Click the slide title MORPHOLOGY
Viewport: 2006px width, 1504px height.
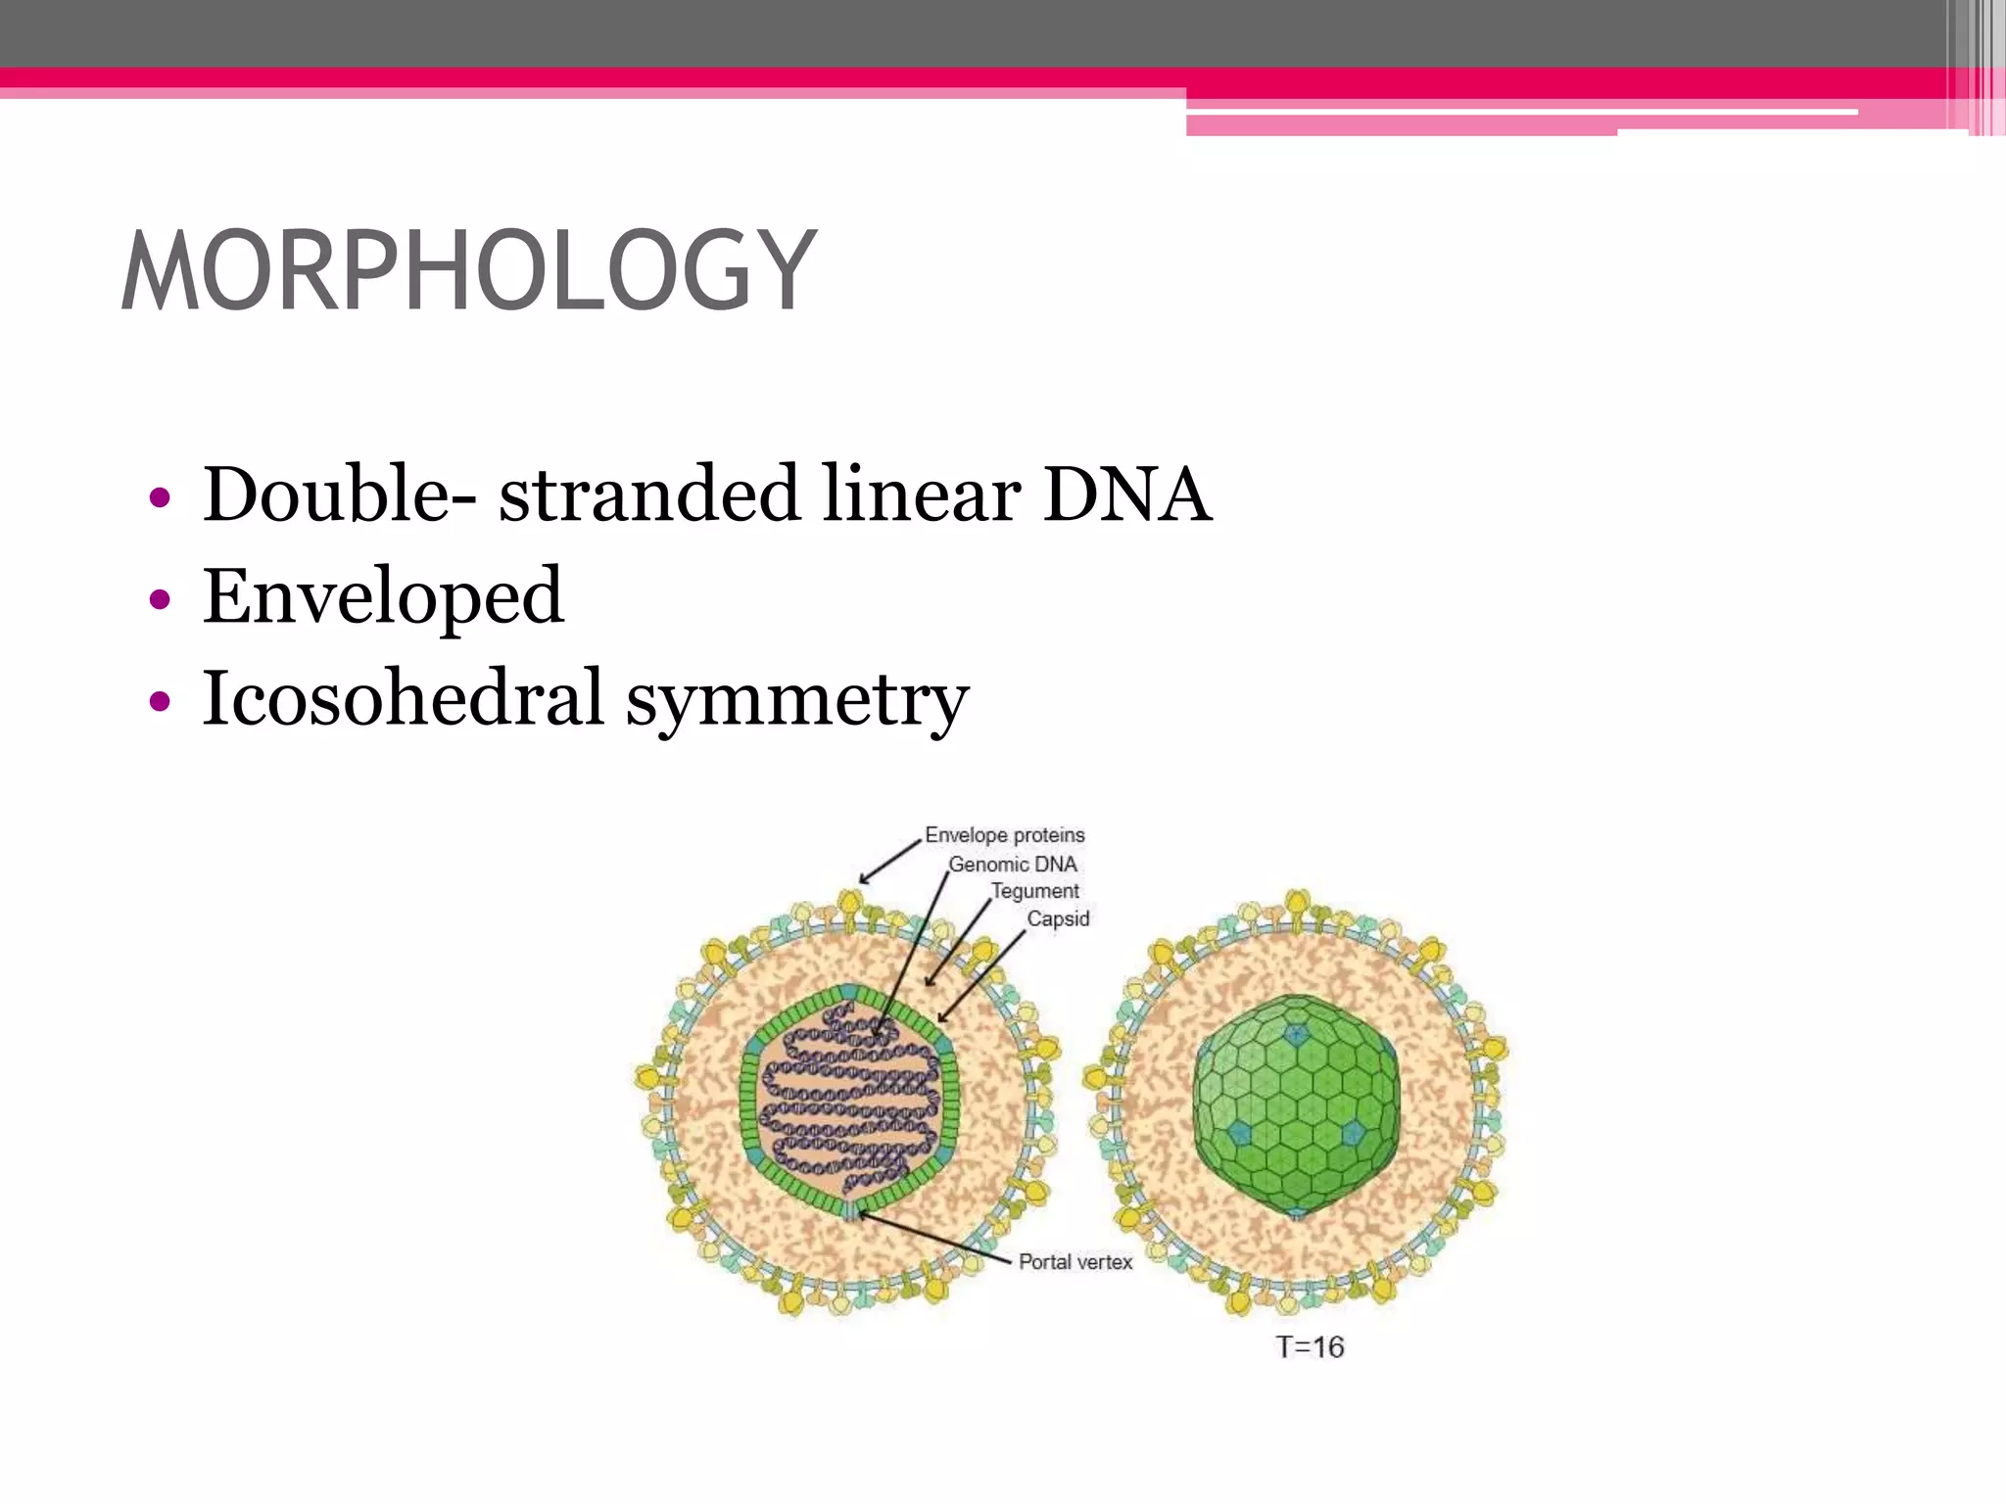pyautogui.click(x=468, y=270)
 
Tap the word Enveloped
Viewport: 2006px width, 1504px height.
pyautogui.click(x=383, y=596)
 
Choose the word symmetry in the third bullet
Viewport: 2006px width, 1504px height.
pyautogui.click(x=796, y=701)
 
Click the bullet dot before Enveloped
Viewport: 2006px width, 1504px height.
pyautogui.click(x=160, y=598)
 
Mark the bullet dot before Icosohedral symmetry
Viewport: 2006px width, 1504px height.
pyautogui.click(x=160, y=701)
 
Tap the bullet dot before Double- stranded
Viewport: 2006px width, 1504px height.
pyautogui.click(x=160, y=497)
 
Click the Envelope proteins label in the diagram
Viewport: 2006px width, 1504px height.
pyautogui.click(x=1005, y=835)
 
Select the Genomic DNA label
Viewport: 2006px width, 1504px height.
pyautogui.click(x=1013, y=865)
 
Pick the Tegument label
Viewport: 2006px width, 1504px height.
pyautogui.click(x=1034, y=891)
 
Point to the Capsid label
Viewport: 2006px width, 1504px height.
pyautogui.click(x=1058, y=918)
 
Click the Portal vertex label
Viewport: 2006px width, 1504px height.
pyautogui.click(x=1075, y=1262)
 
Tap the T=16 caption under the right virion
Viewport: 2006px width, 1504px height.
pyautogui.click(x=1310, y=1347)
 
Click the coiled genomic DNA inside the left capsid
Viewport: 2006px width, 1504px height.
pyautogui.click(x=848, y=1097)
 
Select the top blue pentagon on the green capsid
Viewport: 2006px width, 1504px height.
pyautogui.click(x=1296, y=1033)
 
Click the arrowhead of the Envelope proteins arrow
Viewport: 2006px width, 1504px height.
pyautogui.click(x=863, y=880)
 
